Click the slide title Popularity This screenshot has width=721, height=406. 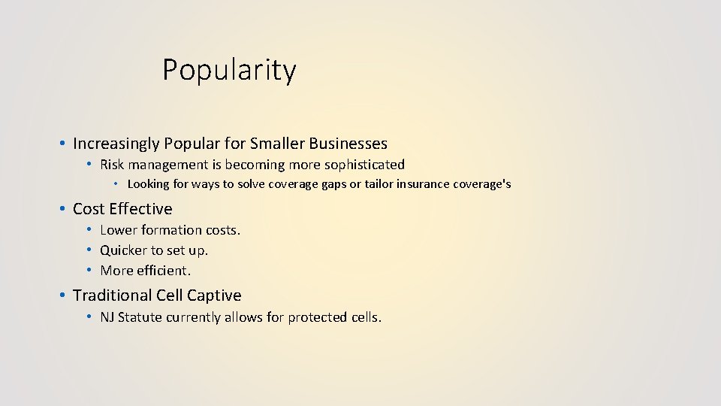click(229, 71)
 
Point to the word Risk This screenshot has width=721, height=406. click(112, 165)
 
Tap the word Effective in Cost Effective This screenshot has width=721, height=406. click(141, 209)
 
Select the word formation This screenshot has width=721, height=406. click(172, 230)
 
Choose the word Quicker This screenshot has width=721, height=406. click(123, 250)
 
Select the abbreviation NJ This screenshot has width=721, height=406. click(108, 317)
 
